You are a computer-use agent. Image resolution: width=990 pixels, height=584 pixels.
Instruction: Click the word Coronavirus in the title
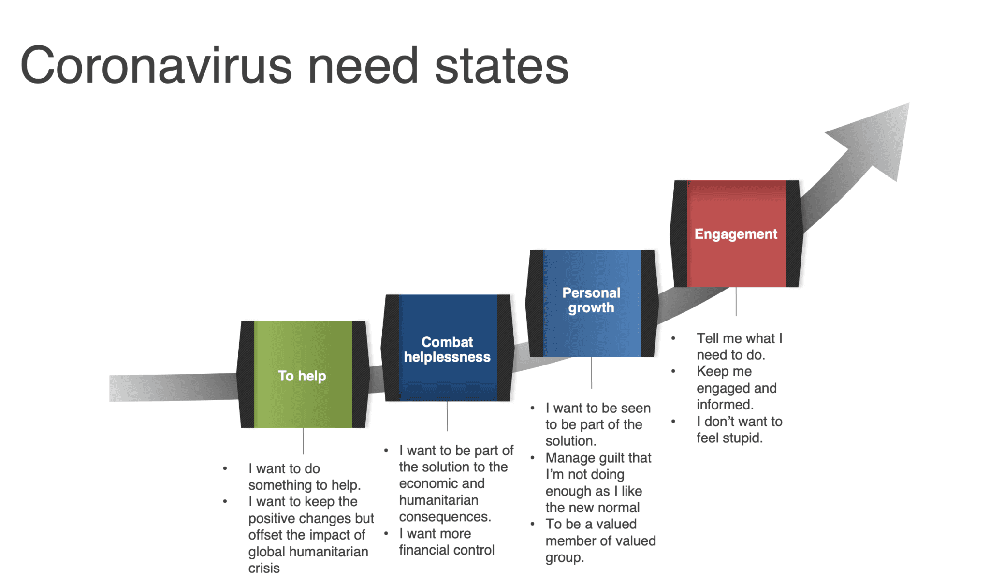coord(156,65)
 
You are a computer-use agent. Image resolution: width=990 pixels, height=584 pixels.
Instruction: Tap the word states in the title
coord(502,66)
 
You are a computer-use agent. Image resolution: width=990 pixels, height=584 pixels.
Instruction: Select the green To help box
coord(303,374)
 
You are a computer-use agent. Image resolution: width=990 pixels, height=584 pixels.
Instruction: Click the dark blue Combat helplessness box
coord(447,348)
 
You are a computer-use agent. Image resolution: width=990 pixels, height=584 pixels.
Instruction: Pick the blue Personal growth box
coord(592,303)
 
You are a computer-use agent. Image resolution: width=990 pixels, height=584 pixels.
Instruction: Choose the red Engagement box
coord(736,234)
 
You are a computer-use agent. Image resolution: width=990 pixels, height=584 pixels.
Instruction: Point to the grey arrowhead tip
coord(909,103)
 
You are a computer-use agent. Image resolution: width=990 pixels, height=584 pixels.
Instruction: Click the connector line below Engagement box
coord(736,302)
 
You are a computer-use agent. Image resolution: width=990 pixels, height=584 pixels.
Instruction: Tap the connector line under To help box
coord(303,441)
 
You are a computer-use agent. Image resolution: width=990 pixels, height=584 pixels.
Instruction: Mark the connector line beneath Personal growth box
coord(592,373)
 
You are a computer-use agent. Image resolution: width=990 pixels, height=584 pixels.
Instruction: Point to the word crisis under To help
coord(264,568)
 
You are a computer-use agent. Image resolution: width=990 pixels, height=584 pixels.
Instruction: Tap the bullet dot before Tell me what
coord(673,338)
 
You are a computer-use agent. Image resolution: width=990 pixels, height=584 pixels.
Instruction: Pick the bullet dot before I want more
coord(386,534)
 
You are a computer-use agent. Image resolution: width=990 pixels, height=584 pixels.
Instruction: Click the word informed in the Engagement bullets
coord(725,404)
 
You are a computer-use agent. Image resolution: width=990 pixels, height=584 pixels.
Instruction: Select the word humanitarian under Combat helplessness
coord(439,500)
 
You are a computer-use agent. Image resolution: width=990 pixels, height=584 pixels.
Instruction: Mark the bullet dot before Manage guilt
coord(533,458)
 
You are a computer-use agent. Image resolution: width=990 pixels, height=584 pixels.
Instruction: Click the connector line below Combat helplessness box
coord(447,416)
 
